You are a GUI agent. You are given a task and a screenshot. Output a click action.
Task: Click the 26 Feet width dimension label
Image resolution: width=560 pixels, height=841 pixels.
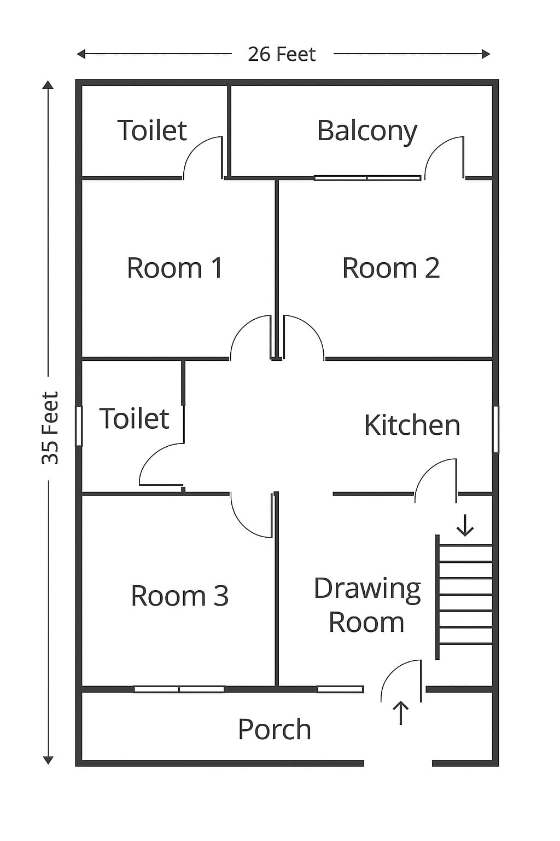point(282,54)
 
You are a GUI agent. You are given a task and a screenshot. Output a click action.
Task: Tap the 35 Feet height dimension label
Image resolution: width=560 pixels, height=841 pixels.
point(50,428)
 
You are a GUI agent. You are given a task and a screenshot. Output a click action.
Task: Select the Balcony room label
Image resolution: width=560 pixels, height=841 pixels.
point(367,131)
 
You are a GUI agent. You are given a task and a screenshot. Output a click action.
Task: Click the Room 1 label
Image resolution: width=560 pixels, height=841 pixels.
point(174,268)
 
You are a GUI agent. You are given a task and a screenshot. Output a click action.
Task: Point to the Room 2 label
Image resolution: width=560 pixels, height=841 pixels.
point(390,268)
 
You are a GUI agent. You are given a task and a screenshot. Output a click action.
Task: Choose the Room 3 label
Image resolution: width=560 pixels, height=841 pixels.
point(179,595)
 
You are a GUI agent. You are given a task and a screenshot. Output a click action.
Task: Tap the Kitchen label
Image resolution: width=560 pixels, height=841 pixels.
point(412,425)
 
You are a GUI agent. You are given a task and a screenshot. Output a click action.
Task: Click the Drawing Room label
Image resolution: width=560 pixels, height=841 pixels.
point(367,605)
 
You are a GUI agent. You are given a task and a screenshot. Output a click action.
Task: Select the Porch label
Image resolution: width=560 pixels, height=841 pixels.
point(275,729)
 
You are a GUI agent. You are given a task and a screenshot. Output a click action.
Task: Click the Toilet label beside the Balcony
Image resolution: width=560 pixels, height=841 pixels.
point(152,130)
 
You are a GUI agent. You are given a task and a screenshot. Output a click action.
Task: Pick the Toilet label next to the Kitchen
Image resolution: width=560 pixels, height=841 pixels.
point(134,418)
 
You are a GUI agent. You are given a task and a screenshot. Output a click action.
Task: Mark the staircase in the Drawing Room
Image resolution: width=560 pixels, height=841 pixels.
point(465,597)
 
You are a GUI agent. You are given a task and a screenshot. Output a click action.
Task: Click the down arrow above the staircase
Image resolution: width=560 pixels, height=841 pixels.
point(465,525)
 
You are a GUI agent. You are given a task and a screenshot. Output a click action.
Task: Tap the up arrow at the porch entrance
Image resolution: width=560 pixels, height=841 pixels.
point(401,712)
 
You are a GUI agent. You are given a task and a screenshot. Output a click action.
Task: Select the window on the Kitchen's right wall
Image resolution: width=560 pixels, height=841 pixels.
point(495,429)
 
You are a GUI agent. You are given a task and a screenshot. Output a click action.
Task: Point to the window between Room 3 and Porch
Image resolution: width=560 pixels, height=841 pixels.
point(179,689)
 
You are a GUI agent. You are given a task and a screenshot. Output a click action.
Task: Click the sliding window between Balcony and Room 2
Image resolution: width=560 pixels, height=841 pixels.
point(367,178)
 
